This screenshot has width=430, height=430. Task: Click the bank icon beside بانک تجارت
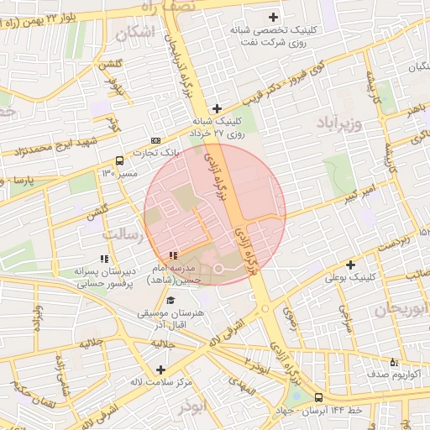[155, 140]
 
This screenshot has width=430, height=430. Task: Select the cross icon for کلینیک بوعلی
[351, 265]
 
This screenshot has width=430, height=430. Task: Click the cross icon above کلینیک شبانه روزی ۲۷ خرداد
[217, 108]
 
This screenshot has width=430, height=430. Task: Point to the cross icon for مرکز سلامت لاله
[160, 370]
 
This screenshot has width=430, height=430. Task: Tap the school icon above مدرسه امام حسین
[173, 255]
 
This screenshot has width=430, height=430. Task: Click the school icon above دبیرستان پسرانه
[104, 260]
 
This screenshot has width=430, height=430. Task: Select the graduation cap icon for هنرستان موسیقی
[171, 301]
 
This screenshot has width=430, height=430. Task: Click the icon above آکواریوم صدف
[394, 362]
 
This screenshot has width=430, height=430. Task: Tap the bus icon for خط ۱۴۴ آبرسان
[318, 397]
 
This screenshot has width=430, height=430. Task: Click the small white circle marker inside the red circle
[218, 268]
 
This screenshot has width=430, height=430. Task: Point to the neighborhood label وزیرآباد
[338, 125]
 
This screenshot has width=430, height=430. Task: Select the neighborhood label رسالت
[121, 236]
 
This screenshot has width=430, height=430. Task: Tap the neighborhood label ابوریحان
[395, 309]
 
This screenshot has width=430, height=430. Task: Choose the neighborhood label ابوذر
[192, 406]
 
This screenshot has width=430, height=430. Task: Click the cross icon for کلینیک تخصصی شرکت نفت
[273, 17]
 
